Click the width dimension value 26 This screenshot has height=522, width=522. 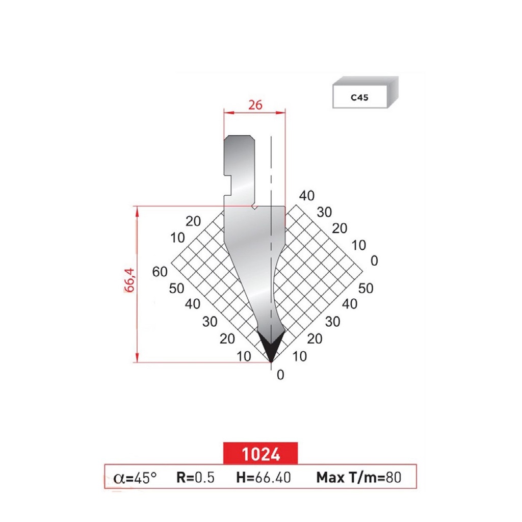click(255, 105)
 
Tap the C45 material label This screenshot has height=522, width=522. click(359, 98)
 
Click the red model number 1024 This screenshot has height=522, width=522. click(260, 453)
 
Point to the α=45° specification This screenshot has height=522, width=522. click(135, 478)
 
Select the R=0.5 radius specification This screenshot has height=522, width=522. click(195, 478)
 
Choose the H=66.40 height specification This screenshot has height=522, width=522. click(264, 478)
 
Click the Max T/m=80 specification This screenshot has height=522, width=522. click(359, 478)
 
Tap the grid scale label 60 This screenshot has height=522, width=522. click(160, 272)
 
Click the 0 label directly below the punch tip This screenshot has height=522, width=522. click(279, 375)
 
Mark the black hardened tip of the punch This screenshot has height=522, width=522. click(271, 345)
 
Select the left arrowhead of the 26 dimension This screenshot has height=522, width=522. click(227, 113)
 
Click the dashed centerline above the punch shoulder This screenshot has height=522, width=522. click(271, 168)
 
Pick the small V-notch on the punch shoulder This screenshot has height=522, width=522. click(254, 207)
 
